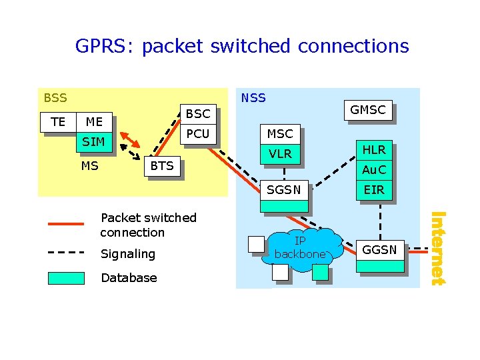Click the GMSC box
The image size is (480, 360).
pos(367,111)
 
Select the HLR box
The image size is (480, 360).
pos(373,151)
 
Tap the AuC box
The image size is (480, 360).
pos(373,170)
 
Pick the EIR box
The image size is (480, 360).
pos(373,191)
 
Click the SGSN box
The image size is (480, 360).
pos(284,191)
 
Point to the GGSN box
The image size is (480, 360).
pos(379,251)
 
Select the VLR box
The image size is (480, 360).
pos(280,154)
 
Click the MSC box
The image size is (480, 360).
pos(280,134)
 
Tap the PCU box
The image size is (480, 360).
pos(197,134)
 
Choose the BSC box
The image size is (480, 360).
pos(197,114)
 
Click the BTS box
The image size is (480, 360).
pos(162,166)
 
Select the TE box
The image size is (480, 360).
pos(58,122)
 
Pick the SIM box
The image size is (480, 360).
pos(93,142)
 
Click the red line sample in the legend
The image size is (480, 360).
pos(66,225)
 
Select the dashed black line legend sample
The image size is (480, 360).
pos(66,253)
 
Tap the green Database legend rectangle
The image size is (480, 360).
pos(66,278)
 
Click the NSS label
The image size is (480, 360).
pos(253,98)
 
